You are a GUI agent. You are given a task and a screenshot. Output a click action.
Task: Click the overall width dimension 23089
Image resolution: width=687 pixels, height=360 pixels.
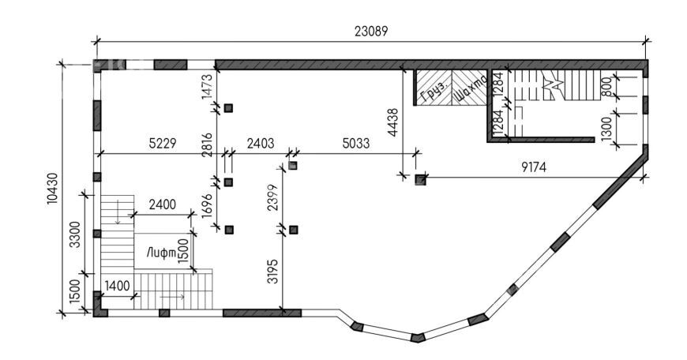point(371,32)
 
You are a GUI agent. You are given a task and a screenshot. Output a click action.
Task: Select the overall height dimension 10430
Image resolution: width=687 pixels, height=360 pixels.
point(52,189)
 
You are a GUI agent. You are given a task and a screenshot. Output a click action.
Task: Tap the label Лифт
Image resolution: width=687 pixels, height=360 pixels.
point(161,253)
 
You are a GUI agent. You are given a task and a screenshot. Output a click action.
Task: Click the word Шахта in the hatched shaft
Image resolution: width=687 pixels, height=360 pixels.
point(471,88)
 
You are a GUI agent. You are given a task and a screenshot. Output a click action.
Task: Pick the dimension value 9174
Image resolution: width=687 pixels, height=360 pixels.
point(534,167)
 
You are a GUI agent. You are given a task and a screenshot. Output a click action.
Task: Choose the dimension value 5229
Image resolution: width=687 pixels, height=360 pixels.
point(162,143)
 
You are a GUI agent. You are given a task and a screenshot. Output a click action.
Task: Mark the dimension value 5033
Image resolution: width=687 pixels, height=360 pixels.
point(356,143)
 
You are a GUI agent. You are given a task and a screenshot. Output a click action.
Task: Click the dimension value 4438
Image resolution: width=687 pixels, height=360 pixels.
point(392,122)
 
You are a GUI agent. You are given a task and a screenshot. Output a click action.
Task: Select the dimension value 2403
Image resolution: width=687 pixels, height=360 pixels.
point(261,143)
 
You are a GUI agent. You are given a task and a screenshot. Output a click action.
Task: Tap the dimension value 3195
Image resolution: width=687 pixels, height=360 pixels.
point(272,272)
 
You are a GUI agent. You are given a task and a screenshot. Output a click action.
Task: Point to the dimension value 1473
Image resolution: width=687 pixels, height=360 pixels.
point(207,87)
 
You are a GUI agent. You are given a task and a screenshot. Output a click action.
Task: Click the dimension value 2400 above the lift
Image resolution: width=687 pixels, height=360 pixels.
point(162,204)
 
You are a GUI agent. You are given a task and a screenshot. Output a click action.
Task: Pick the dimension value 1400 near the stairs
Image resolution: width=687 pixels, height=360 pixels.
point(117,286)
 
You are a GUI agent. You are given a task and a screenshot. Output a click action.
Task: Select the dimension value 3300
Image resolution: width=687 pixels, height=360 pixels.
point(75,234)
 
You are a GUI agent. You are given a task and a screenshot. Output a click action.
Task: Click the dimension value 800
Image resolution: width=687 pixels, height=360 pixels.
point(606,87)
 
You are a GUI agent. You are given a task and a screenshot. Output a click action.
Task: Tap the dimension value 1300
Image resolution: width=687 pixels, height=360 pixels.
point(606,129)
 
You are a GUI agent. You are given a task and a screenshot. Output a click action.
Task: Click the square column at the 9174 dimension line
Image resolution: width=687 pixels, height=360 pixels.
point(421,179)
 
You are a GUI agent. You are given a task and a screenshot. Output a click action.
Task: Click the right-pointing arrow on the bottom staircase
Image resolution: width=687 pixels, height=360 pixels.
point(172,297)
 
